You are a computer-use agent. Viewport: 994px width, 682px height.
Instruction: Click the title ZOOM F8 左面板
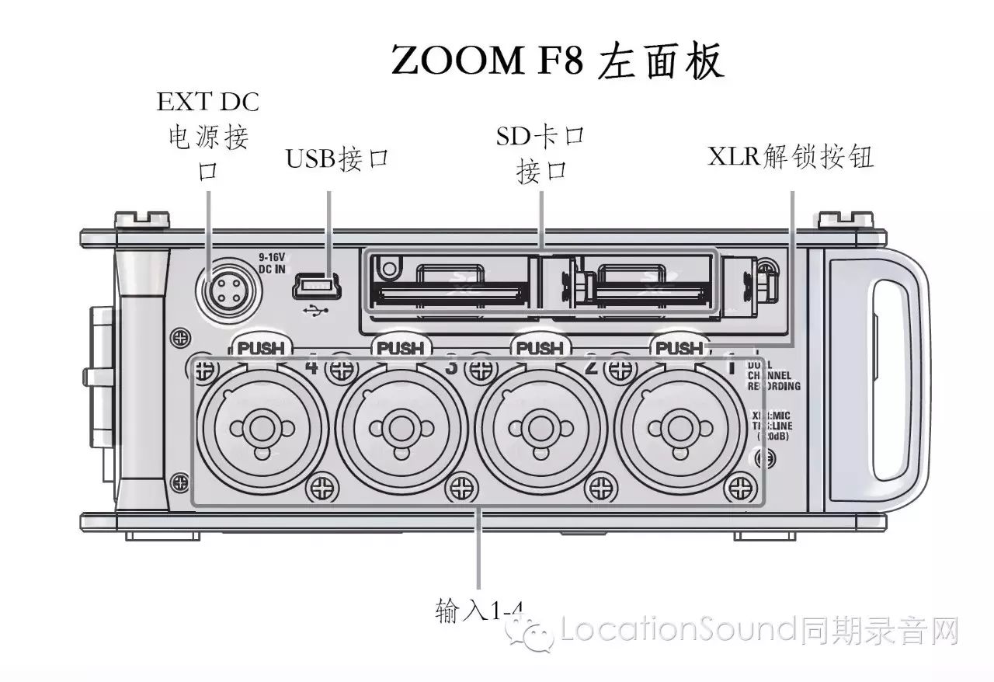point(557,61)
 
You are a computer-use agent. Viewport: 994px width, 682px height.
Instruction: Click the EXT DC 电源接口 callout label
point(208,136)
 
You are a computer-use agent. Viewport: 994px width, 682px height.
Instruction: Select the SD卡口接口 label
point(540,154)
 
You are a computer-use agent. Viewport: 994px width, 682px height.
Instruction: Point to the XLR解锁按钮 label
point(791,157)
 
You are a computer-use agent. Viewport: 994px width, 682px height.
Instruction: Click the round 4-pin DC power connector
point(224,292)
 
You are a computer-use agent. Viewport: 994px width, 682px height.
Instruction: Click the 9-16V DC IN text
point(273,263)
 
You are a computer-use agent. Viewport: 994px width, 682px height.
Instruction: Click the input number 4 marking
point(312,366)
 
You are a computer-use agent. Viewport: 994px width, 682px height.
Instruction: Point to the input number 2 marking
point(590,366)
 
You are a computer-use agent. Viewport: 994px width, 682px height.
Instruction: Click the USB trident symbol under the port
point(318,310)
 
